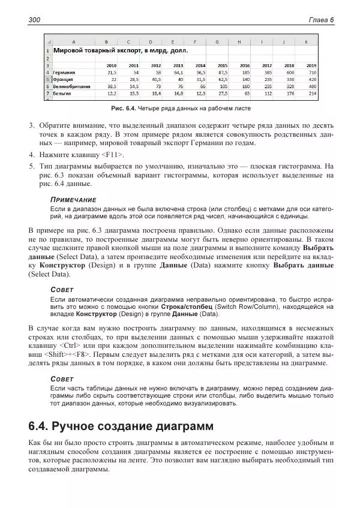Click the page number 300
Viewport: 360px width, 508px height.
pyautogui.click(x=34, y=20)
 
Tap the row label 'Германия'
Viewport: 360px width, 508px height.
pyautogui.click(x=64, y=71)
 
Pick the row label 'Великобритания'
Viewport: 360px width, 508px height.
pyautogui.click(x=72, y=86)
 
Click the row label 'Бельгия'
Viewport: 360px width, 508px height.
pyautogui.click(x=62, y=93)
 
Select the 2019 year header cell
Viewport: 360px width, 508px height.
pyautogui.click(x=311, y=65)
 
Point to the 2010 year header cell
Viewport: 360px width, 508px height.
pyautogui.click(x=112, y=65)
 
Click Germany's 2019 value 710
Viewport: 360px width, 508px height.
pyautogui.click(x=312, y=71)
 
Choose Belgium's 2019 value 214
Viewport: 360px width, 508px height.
pyautogui.click(x=312, y=93)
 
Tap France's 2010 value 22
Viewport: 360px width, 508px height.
pyautogui.click(x=113, y=79)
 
